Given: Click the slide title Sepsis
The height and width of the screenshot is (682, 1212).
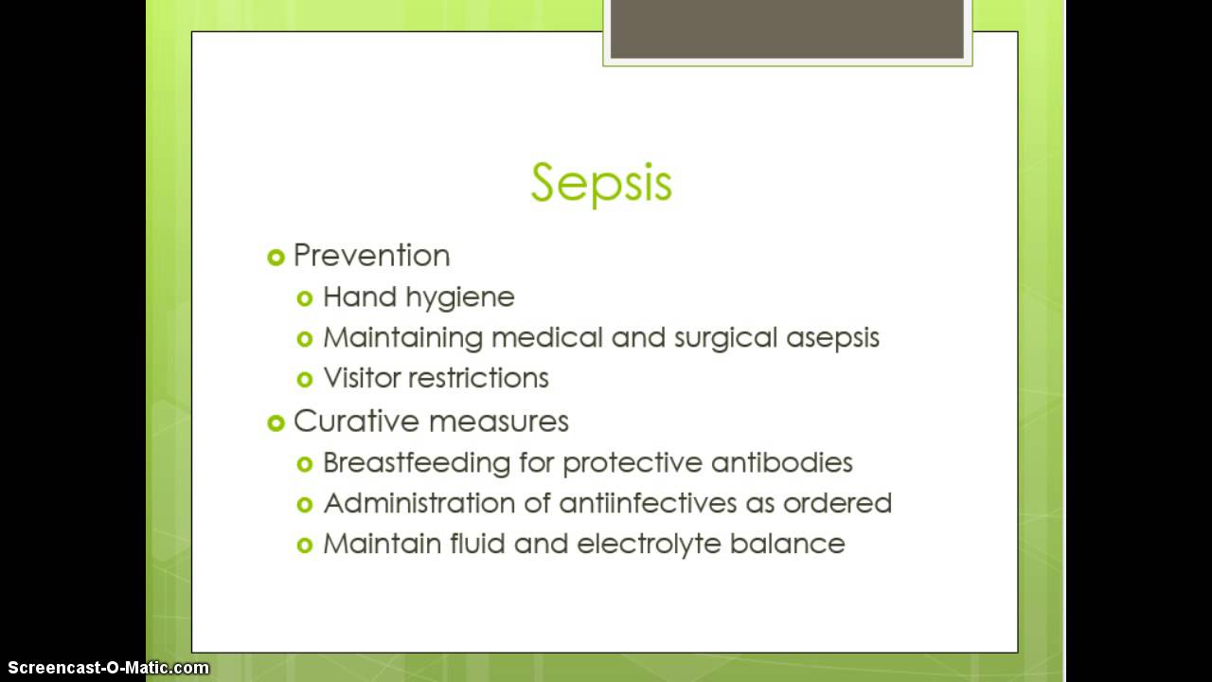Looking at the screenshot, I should click(601, 182).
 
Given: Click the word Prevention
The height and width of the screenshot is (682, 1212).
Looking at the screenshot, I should click(371, 256).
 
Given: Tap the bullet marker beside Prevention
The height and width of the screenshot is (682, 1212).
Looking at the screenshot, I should click(276, 257).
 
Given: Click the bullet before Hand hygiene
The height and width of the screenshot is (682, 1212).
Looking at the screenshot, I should click(304, 298).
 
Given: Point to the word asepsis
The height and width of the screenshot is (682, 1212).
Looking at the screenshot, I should click(832, 338).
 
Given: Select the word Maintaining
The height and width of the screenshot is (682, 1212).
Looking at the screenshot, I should click(402, 338).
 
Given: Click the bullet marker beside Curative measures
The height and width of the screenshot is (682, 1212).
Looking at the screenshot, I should click(276, 422).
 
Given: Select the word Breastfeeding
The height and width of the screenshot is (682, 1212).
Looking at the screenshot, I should click(416, 463).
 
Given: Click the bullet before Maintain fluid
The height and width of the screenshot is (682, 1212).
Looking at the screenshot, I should click(304, 545).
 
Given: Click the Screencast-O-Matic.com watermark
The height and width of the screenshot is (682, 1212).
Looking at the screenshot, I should click(105, 668).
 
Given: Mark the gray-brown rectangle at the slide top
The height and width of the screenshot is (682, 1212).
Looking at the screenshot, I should click(787, 29).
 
